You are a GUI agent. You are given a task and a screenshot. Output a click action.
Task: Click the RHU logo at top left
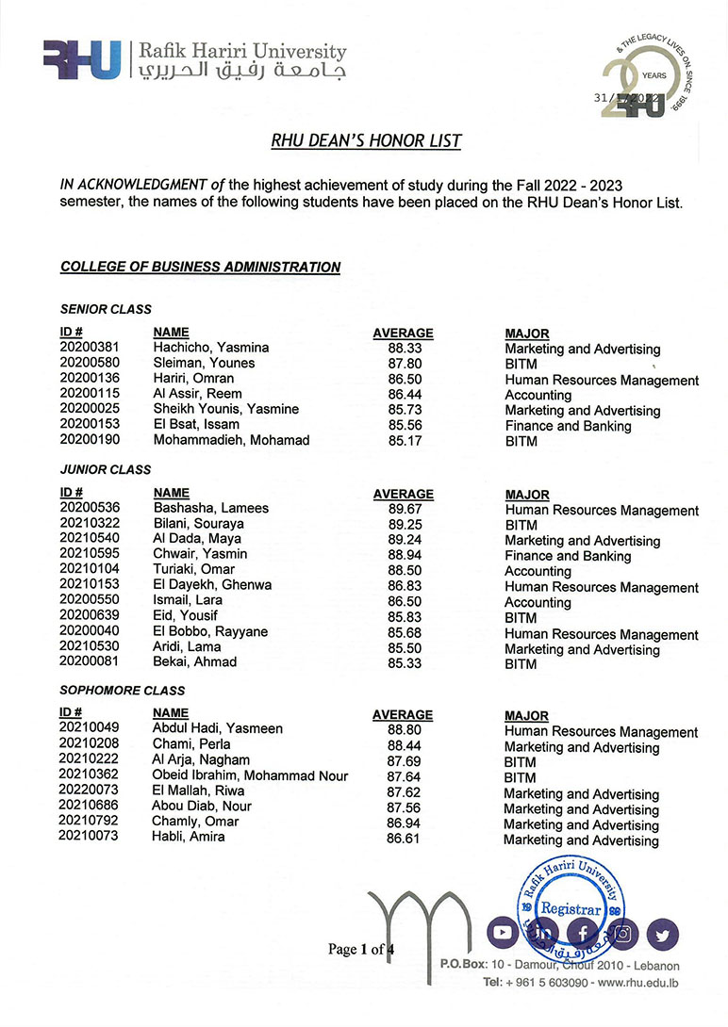coord(82,59)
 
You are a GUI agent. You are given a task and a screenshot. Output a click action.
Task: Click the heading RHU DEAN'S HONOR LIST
coord(366,141)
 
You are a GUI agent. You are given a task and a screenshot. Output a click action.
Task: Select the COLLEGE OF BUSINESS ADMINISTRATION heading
coord(200,267)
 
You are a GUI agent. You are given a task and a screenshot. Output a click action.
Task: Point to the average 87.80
coord(403,363)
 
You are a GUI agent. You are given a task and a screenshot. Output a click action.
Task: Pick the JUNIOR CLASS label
coord(105,469)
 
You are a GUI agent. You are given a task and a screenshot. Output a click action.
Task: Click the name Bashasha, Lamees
coord(210,508)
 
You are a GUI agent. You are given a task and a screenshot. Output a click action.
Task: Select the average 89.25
coord(403,524)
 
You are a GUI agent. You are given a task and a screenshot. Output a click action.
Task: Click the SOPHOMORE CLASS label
coord(122,691)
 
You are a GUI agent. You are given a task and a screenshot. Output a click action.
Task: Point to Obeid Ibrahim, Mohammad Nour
coord(250,775)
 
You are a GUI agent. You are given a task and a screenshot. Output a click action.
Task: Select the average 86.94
coord(403,822)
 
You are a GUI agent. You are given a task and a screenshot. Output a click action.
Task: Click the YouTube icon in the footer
coord(503,933)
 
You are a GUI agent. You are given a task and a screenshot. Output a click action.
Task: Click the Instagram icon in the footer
coord(623,933)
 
